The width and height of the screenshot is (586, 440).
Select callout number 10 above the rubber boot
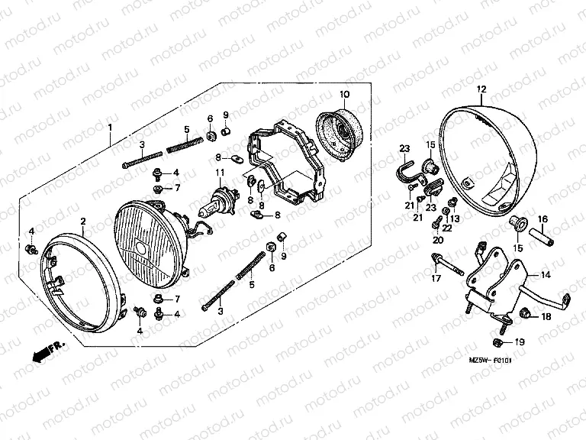tap(344, 95)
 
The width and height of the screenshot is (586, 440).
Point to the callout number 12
tap(481, 89)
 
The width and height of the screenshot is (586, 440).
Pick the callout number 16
tap(543, 219)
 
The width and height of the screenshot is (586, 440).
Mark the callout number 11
tap(218, 172)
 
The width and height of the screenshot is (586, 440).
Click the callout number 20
tap(438, 240)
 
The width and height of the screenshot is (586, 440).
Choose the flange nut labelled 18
tap(526, 314)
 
